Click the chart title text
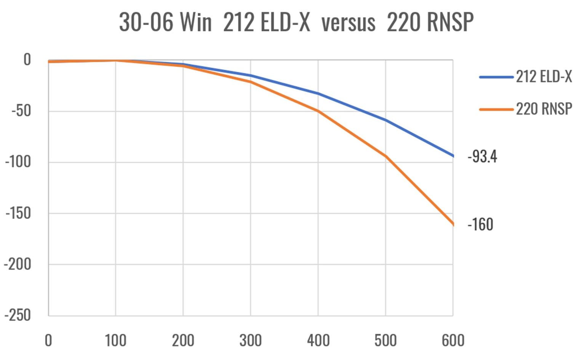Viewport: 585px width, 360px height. [x=296, y=22]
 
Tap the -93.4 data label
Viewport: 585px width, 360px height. [x=482, y=156]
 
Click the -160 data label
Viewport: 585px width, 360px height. [x=480, y=225]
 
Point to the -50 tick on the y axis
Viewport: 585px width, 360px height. [x=21, y=111]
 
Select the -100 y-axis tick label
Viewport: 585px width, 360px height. [x=18, y=162]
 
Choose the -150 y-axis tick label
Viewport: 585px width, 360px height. [x=18, y=213]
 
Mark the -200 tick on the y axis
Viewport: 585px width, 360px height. [x=18, y=264]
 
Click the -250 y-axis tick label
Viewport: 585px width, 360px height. [x=18, y=315]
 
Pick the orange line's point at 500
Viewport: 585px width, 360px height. [x=385, y=156]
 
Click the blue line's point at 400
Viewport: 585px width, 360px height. [x=318, y=94]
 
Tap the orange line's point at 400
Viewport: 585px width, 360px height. [x=318, y=111]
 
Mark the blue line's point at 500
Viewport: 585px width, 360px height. [x=385, y=120]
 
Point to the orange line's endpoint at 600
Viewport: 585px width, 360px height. [x=453, y=224]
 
